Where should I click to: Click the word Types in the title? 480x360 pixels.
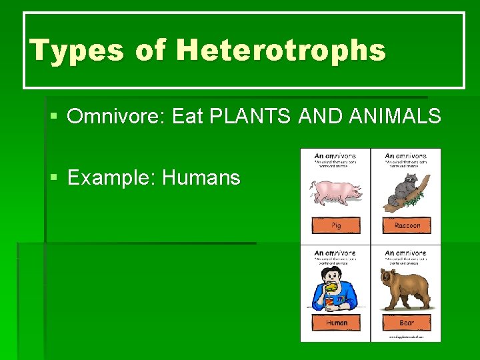point(64,50)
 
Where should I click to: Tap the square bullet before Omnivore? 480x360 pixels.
point(54,117)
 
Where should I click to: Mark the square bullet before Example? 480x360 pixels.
point(54,178)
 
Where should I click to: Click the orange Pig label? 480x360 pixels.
point(336,225)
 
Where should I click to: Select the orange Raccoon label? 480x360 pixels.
point(407,225)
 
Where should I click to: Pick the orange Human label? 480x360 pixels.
point(336,323)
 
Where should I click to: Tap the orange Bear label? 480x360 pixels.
point(407,323)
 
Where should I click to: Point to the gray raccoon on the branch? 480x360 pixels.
point(402,189)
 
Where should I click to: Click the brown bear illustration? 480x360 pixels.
point(405,287)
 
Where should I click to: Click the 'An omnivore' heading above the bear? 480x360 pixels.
point(406,253)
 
